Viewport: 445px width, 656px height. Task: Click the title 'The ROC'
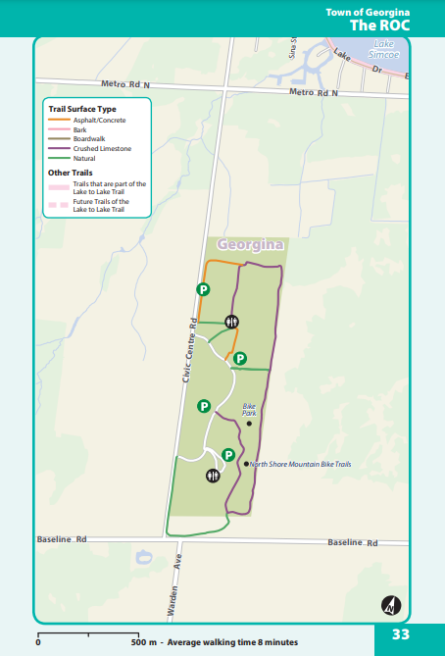tap(380, 25)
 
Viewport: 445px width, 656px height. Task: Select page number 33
tap(400, 633)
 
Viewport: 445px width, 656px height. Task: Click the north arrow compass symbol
tap(389, 605)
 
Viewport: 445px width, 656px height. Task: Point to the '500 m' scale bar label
tap(144, 642)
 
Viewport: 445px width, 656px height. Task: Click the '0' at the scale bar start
tap(38, 642)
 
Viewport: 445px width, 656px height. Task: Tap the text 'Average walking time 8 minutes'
tap(232, 642)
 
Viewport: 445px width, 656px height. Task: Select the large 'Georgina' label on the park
tap(251, 244)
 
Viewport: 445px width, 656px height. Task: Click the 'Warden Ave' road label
tap(174, 584)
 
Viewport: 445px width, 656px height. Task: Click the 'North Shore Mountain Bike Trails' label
tap(300, 464)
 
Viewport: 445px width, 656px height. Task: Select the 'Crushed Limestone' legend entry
tap(102, 148)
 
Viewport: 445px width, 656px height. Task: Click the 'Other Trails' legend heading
tap(70, 172)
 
